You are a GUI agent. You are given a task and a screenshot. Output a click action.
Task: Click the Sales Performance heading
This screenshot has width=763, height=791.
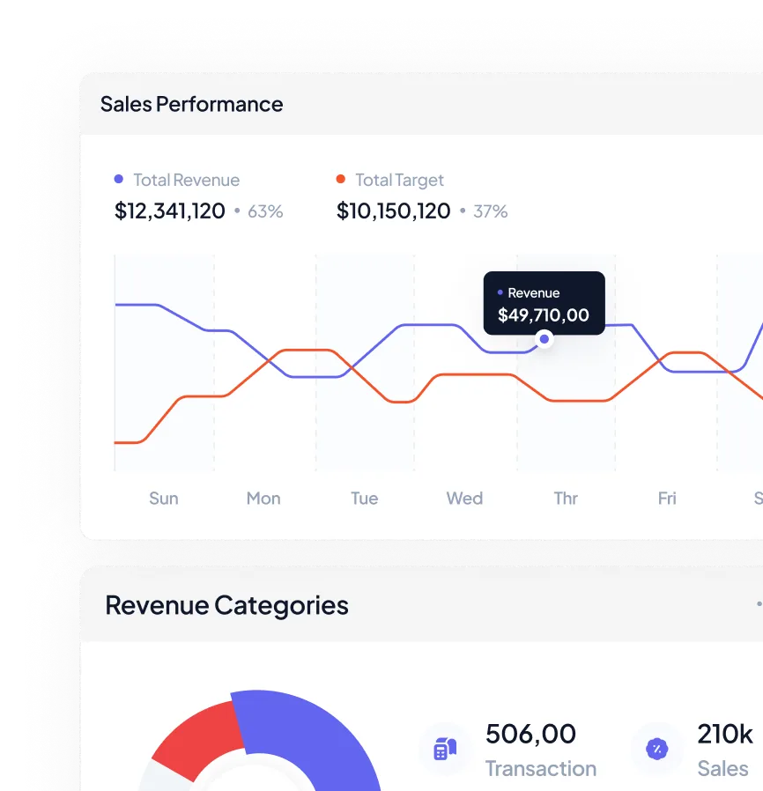pyautogui.click(x=191, y=104)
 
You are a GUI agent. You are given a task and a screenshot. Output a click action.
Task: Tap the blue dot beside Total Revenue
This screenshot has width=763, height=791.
pyautogui.click(x=119, y=180)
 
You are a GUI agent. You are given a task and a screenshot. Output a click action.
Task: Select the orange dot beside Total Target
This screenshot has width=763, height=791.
pyautogui.click(x=341, y=180)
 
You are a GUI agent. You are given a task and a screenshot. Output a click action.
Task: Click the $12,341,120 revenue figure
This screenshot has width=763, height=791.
pyautogui.click(x=170, y=211)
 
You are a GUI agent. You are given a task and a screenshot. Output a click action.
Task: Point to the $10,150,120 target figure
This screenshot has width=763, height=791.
pyautogui.click(x=393, y=211)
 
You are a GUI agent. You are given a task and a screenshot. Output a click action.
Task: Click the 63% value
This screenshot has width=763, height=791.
pyautogui.click(x=265, y=211)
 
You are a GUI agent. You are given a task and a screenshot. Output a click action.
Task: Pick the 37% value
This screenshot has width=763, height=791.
pyautogui.click(x=490, y=211)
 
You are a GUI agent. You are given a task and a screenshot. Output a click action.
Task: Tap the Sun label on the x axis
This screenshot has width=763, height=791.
pyautogui.click(x=164, y=499)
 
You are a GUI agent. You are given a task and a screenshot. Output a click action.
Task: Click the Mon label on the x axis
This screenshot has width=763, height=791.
pyautogui.click(x=263, y=499)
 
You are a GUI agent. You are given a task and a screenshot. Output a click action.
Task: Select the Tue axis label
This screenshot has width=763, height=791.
pyautogui.click(x=365, y=499)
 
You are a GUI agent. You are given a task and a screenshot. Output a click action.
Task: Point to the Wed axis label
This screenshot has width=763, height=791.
pyautogui.click(x=464, y=499)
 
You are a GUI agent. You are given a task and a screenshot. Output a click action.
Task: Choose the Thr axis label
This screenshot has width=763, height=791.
pyautogui.click(x=566, y=499)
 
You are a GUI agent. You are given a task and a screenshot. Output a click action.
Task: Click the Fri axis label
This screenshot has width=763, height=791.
pyautogui.click(x=667, y=499)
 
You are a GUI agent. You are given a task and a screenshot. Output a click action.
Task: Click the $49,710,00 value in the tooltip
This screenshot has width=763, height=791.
pyautogui.click(x=544, y=315)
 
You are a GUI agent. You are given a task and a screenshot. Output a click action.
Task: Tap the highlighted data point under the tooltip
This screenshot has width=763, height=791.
pyautogui.click(x=544, y=339)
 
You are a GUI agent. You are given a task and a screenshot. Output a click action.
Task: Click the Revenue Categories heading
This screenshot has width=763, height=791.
pyautogui.click(x=226, y=605)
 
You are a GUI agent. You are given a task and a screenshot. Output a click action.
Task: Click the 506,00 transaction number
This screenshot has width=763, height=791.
pyautogui.click(x=530, y=734)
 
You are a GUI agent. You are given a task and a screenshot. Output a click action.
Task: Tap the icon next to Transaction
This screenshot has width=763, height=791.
pyautogui.click(x=445, y=749)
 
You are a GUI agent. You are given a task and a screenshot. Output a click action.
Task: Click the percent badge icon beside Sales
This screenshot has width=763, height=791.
pyautogui.click(x=656, y=749)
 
